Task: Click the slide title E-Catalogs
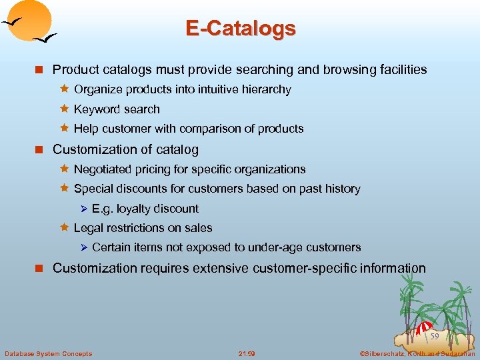pyautogui.click(x=240, y=29)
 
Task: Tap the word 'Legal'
pyautogui.click(x=87, y=228)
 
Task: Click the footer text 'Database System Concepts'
pyautogui.click(x=48, y=353)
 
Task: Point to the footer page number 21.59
pyautogui.click(x=247, y=353)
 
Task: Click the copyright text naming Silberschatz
pyautogui.click(x=417, y=353)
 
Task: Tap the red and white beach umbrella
pyautogui.click(x=424, y=327)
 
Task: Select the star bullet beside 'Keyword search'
pyautogui.click(x=65, y=109)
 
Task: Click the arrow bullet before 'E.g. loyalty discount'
pyautogui.click(x=84, y=209)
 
